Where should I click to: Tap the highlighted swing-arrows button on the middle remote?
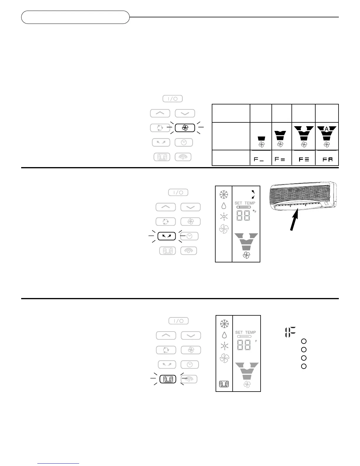click(166, 236)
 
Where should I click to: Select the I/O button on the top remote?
click(173, 99)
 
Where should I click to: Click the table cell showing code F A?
click(327, 159)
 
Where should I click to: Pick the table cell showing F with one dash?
click(261, 159)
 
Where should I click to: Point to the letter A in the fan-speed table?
click(326, 129)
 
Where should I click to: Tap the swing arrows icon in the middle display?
click(252, 194)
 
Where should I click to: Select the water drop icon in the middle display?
click(224, 206)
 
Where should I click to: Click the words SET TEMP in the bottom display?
click(245, 332)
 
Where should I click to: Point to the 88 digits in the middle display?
click(243, 215)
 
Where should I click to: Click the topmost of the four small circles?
click(304, 341)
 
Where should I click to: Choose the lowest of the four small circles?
click(304, 366)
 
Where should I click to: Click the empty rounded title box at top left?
click(75, 17)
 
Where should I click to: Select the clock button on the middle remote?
click(190, 236)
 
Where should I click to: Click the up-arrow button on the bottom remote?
click(166, 335)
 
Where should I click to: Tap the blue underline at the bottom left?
click(59, 464)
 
